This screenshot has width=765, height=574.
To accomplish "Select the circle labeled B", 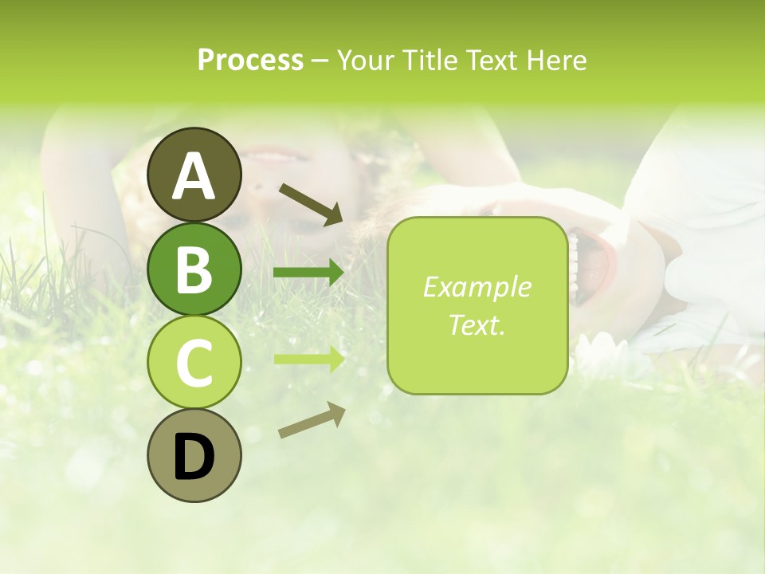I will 194,269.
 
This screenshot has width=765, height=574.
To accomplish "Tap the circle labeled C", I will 194,363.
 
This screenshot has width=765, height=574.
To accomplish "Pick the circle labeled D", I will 194,456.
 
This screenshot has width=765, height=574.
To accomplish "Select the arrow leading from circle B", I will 309,273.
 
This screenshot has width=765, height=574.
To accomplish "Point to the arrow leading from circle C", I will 309,358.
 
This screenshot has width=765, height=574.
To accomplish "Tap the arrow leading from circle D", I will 311,420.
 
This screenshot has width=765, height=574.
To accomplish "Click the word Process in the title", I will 250,60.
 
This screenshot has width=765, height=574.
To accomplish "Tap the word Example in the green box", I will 477,287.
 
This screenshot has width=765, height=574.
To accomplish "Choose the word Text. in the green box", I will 477,324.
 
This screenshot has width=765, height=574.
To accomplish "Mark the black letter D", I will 194,458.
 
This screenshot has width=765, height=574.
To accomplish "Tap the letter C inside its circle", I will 194,364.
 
